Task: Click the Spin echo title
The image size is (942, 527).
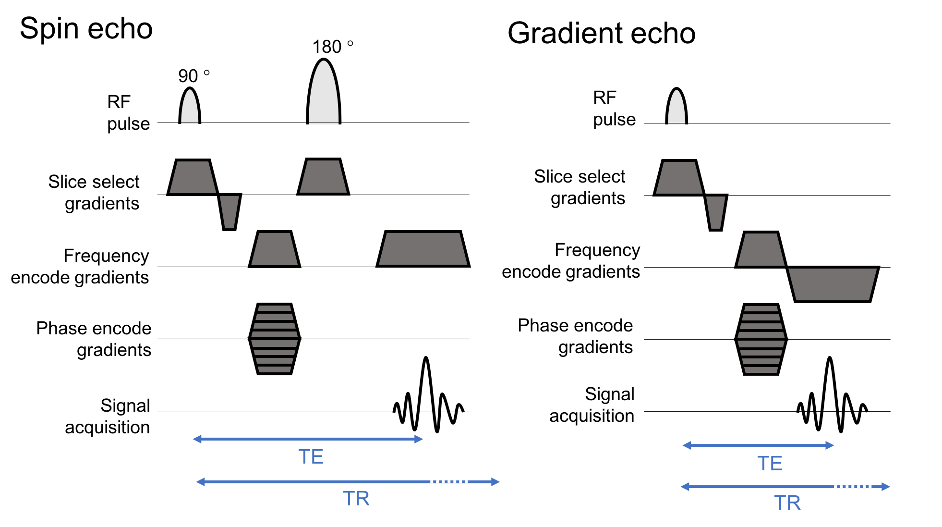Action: [x=86, y=29]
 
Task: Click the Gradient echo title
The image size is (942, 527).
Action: [x=602, y=34]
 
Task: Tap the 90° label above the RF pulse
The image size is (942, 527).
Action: [x=194, y=75]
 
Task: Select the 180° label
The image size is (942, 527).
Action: [x=333, y=47]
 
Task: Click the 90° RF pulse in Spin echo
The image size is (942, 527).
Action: [x=190, y=106]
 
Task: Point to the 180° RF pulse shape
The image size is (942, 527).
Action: [x=324, y=91]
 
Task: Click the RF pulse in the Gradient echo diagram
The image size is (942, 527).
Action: [x=676, y=106]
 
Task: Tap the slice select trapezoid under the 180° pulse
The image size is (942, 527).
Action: [x=323, y=177]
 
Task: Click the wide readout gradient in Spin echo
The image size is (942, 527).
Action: [x=423, y=249]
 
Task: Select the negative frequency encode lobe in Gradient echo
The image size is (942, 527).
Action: [x=833, y=284]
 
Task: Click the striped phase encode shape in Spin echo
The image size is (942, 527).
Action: [x=275, y=339]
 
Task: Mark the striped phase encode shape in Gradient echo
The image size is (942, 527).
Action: [x=761, y=339]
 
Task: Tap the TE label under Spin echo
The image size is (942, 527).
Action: [x=311, y=457]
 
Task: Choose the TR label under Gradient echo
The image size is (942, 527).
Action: [x=787, y=503]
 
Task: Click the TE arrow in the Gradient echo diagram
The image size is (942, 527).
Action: [x=758, y=445]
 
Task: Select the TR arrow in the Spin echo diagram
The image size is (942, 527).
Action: [x=348, y=482]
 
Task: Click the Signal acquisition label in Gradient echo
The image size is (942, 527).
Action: [x=592, y=405]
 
